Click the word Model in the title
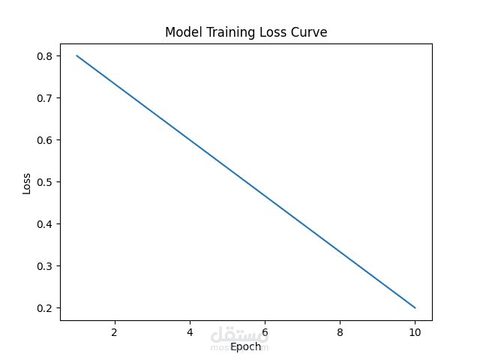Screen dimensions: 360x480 [182, 32]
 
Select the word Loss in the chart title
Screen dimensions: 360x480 [268, 32]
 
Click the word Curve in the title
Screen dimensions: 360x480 [307, 32]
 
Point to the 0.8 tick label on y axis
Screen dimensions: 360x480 [45, 56]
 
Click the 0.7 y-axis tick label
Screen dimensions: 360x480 [45, 98]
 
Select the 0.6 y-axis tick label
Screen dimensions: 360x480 [45, 140]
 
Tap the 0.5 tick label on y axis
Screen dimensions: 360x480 [45, 182]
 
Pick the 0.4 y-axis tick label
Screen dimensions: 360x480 [45, 224]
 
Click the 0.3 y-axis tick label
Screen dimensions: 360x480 [45, 266]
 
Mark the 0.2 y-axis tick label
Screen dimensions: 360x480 [45, 308]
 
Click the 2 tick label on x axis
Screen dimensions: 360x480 [114, 332]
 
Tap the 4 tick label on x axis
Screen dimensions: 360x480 [190, 332]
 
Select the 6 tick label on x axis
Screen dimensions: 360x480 [265, 332]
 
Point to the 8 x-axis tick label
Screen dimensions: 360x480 [340, 332]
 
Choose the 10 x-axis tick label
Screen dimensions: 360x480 [415, 332]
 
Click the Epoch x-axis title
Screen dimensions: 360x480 [245, 346]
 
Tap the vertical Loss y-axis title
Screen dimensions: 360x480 [27, 182]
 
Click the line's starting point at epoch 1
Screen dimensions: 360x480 [76, 55]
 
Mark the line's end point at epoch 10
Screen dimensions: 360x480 [415, 307]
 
